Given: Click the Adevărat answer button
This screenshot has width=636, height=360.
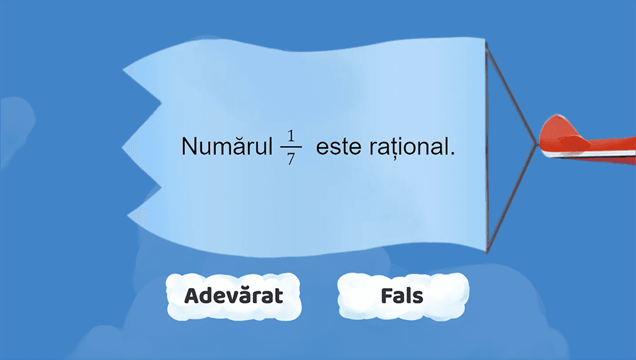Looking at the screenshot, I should pyautogui.click(x=233, y=296).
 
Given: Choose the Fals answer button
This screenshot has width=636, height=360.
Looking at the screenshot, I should pyautogui.click(x=402, y=296).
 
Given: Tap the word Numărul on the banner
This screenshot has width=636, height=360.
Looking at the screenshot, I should pyautogui.click(x=226, y=146).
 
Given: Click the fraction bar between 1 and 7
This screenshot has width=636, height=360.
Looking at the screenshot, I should pyautogui.click(x=291, y=147).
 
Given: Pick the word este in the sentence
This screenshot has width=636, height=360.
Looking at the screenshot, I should pyautogui.click(x=338, y=147).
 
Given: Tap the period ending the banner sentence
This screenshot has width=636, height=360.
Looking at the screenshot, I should pyautogui.click(x=453, y=154).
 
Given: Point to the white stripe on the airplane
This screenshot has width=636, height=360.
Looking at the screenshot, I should pyautogui.click(x=591, y=155).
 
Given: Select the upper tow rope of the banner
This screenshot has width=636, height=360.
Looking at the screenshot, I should pyautogui.click(x=512, y=95).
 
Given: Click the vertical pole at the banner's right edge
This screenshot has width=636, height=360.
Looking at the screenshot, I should pyautogui.click(x=487, y=146).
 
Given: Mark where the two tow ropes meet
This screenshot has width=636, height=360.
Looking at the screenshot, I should pyautogui.click(x=536, y=144).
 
